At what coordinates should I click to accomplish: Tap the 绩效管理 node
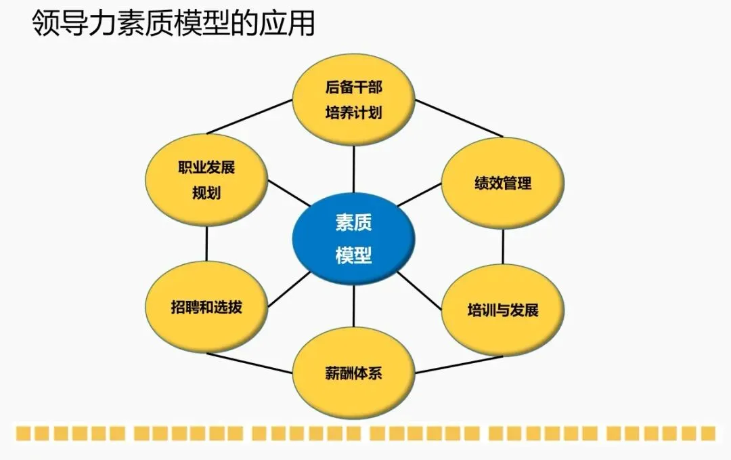[502, 183]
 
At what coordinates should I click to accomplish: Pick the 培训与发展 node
[502, 310]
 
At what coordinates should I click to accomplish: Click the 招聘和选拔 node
[206, 307]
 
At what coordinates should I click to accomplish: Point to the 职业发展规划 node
[206, 181]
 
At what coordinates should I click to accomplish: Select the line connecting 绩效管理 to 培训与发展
[503, 246]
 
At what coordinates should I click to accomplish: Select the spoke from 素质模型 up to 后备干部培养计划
[353, 169]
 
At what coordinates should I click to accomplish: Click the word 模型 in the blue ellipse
[353, 255]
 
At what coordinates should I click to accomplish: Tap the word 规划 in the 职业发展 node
[206, 193]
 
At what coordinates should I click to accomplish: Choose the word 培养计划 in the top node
[353, 112]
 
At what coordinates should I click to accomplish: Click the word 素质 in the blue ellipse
[353, 222]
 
